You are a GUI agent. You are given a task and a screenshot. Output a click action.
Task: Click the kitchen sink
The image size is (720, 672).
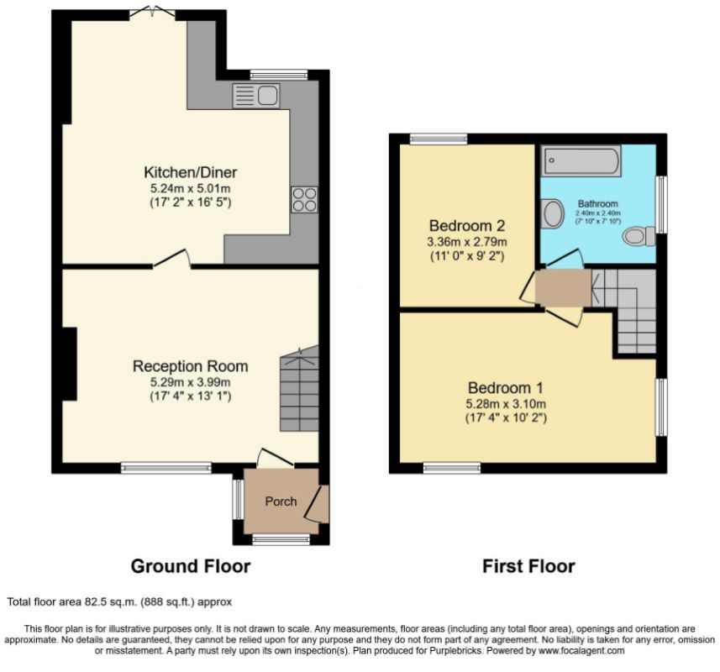tap(255, 96)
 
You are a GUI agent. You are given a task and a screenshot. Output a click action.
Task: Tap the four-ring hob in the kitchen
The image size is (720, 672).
tap(304, 200)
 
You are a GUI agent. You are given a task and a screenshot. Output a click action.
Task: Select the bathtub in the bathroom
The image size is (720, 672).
tap(581, 160)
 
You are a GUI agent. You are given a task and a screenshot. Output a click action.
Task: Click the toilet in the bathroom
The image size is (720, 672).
tap(639, 236)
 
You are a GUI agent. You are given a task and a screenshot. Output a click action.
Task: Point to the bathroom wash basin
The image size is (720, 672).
tap(552, 213)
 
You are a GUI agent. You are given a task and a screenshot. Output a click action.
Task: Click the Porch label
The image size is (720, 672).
tap(281, 501)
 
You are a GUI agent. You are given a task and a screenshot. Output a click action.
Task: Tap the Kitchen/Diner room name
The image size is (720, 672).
tap(191, 172)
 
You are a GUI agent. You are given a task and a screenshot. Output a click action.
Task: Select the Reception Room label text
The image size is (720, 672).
tap(190, 366)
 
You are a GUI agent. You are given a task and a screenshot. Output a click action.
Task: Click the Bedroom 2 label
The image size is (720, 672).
tap(467, 225)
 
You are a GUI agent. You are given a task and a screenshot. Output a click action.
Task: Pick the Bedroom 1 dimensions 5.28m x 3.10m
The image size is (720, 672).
tap(506, 404)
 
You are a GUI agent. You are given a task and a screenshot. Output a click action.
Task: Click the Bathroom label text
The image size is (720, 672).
tap(598, 203)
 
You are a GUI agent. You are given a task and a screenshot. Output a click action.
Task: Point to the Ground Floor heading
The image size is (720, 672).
tap(191, 566)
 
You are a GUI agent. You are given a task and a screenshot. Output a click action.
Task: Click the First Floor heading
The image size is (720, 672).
tap(528, 566)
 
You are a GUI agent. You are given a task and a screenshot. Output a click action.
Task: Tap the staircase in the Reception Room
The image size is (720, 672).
tap(299, 389)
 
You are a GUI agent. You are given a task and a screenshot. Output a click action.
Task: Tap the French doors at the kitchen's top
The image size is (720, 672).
tap(152, 13)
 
